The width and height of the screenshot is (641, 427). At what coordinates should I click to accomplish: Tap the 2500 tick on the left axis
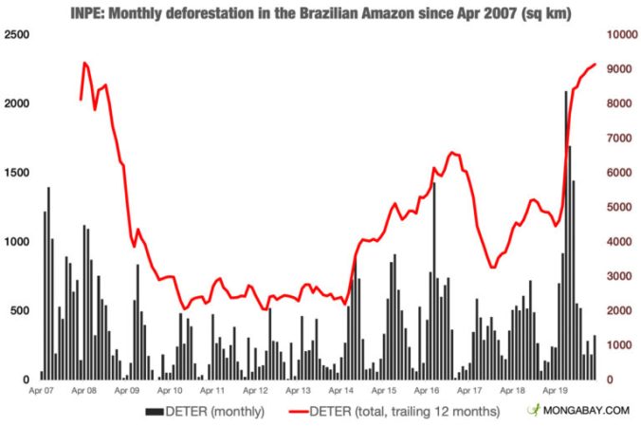tap(16, 35)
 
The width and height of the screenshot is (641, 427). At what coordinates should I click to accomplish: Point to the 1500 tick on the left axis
tap(16, 173)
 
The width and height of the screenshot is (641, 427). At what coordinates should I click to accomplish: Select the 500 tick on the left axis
tap(19, 310)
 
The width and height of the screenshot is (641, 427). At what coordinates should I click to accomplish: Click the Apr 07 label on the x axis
tap(42, 389)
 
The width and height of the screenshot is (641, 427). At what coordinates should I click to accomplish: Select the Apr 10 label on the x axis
tap(170, 389)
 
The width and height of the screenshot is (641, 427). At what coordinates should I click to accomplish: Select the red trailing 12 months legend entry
tap(389, 412)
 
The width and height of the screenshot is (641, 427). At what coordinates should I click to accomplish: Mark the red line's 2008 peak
tap(84, 63)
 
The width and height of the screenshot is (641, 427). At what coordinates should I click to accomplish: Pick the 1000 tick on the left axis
tap(16, 242)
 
